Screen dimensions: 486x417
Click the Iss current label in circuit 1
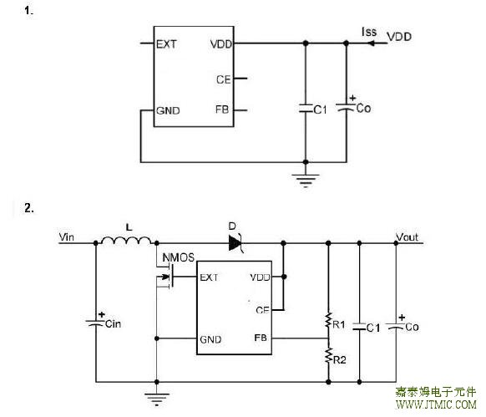coord(369,32)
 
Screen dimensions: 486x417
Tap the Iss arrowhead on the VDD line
coord(371,43)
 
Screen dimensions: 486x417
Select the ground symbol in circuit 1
coord(306,181)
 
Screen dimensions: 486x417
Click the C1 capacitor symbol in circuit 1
coord(306,109)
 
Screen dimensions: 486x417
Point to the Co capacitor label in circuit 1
coord(363,109)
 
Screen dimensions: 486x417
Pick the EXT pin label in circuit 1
coord(166,44)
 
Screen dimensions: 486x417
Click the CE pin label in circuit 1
coord(224,79)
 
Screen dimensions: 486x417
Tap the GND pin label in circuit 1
coord(168,111)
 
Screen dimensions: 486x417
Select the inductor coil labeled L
coord(126,241)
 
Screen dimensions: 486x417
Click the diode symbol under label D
coord(235,243)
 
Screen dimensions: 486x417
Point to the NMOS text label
coord(178,257)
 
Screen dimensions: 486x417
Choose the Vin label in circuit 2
coord(66,237)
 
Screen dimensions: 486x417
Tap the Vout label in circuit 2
coord(407,237)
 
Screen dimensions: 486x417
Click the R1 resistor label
coord(339,324)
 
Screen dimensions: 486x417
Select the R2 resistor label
coord(339,360)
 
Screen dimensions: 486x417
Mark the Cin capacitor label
coord(113,324)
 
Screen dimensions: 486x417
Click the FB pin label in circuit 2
coord(261,338)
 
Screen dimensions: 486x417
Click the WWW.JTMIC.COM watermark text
coord(436,404)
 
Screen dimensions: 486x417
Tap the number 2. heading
coord(29,208)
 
